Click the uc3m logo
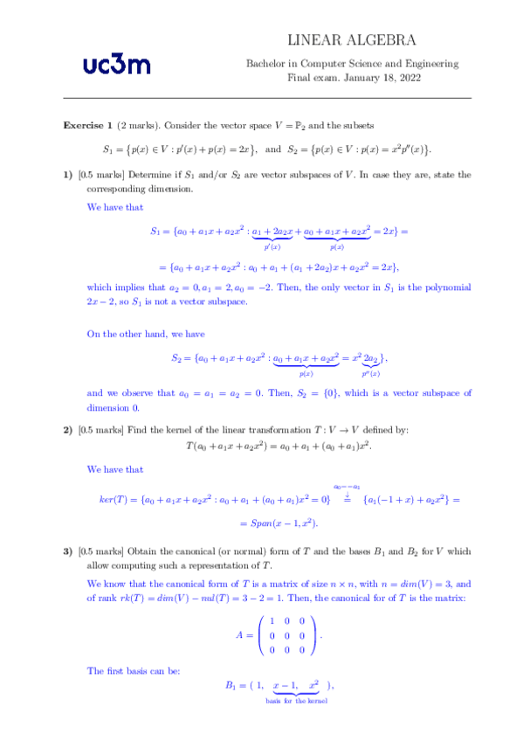[116, 63]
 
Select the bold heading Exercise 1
[87, 126]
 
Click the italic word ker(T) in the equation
[115, 500]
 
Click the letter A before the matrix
[239, 636]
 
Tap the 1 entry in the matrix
[275, 620]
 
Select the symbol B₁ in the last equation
[232, 686]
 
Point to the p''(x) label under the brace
[371, 374]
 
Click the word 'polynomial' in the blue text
[447, 287]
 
